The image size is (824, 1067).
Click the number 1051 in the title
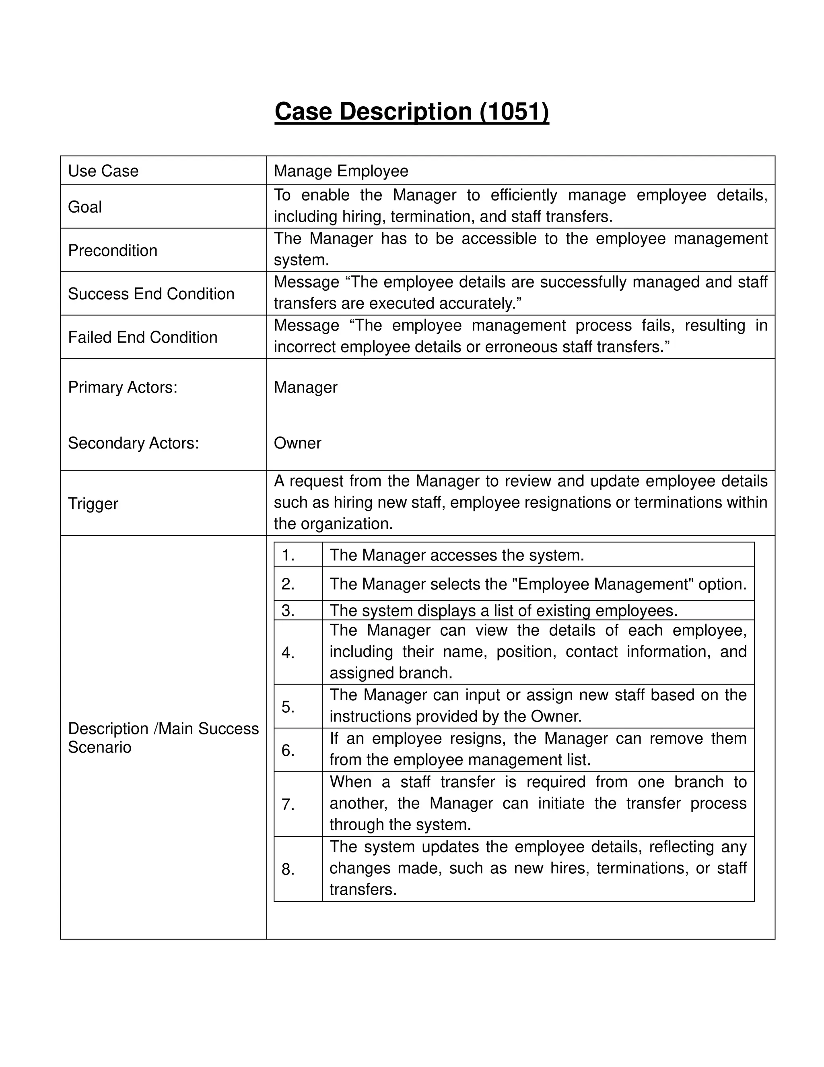click(515, 112)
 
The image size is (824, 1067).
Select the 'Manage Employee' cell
click(341, 171)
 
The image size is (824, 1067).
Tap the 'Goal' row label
click(85, 207)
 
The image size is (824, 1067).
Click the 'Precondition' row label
click(113, 250)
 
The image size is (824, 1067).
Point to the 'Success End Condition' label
click(151, 294)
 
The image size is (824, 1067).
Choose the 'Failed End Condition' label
click(142, 337)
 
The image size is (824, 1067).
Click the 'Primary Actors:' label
click(123, 387)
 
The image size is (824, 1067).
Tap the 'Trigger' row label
click(93, 504)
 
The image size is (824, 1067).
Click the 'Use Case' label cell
click(103, 171)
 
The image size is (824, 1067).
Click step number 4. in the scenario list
click(288, 653)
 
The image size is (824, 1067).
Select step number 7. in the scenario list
click(288, 804)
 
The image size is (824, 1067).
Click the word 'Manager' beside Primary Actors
click(306, 387)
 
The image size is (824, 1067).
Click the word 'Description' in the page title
click(405, 112)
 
